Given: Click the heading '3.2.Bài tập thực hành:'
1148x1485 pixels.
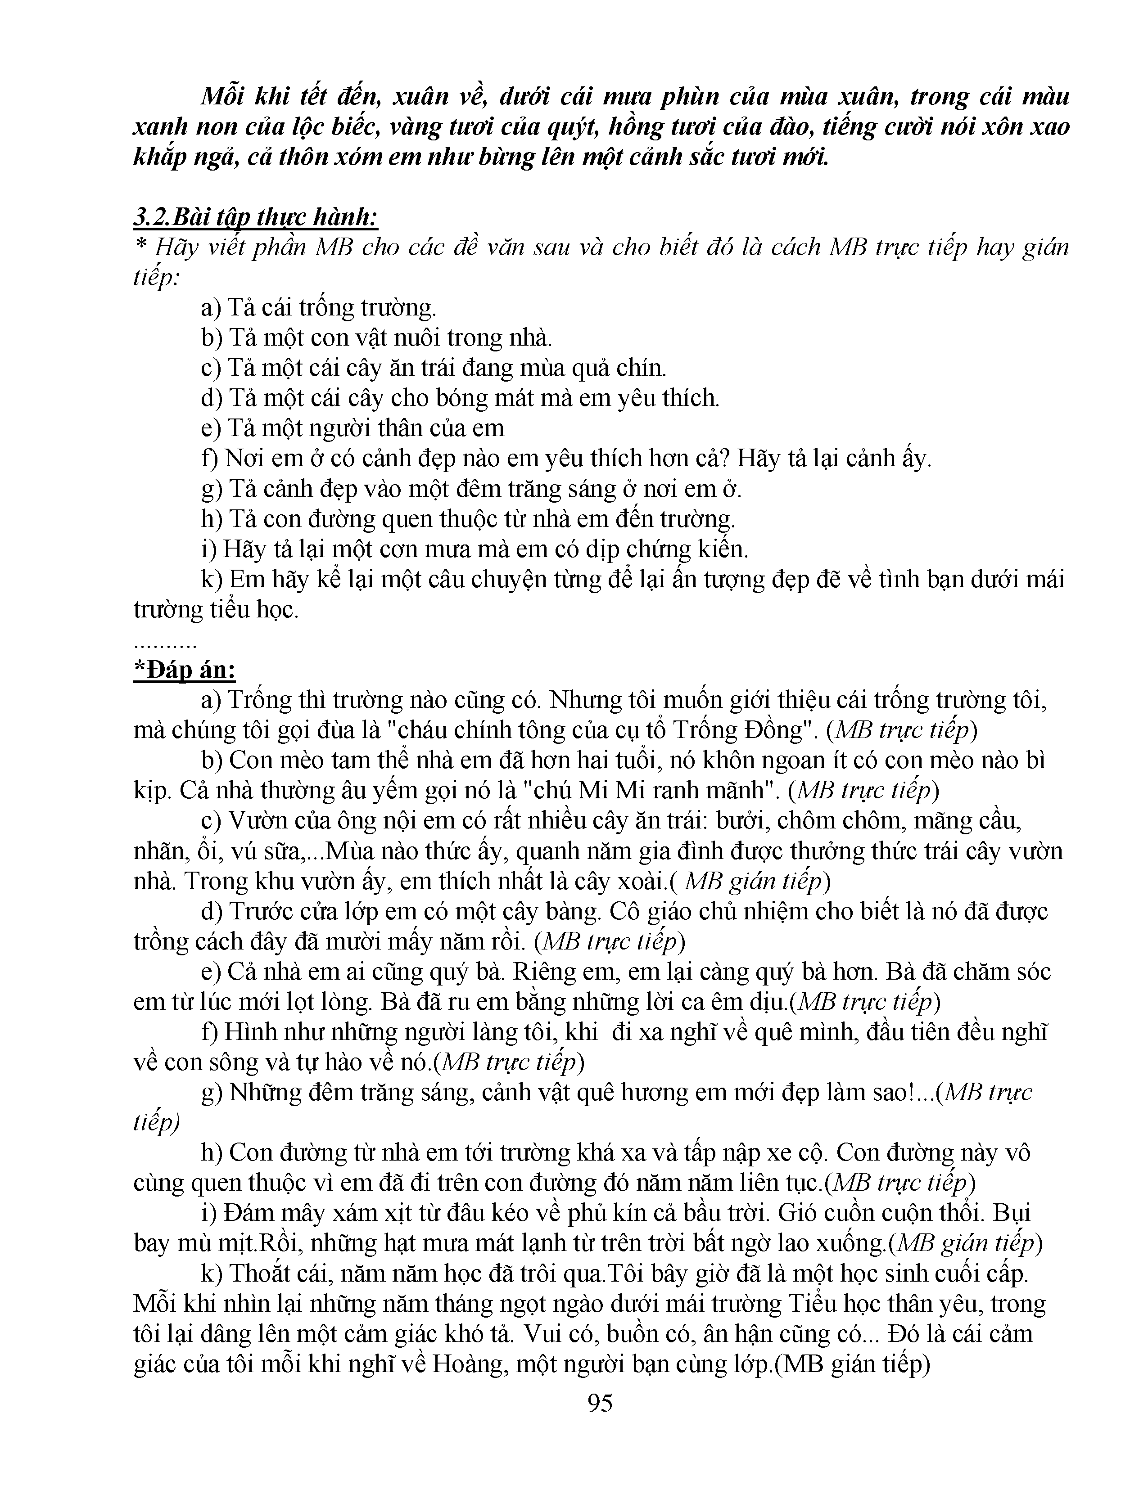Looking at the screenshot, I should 256,218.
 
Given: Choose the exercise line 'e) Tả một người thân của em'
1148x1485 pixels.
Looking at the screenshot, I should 353,428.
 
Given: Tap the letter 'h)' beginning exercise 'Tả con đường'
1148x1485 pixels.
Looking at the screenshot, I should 212,519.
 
